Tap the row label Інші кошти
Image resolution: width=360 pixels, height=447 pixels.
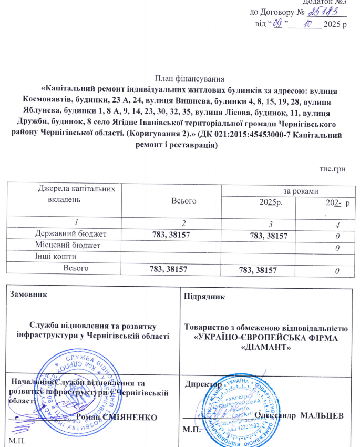[56, 257]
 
